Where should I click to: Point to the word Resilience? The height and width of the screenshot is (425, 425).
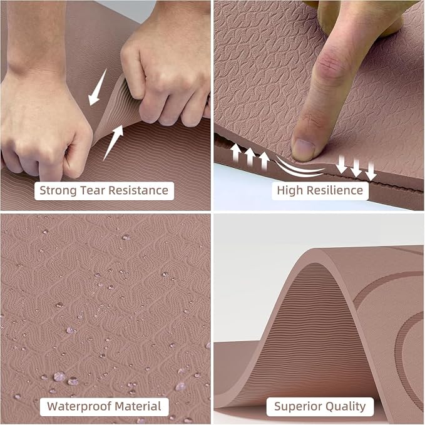point(334,190)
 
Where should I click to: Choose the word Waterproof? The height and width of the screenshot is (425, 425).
point(79,406)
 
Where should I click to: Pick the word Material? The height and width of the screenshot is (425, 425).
point(138,406)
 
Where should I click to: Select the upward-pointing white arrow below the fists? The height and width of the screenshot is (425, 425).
point(113,143)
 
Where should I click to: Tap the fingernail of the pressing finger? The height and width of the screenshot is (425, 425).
point(305,150)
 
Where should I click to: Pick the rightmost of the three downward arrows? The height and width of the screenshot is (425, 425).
point(371,172)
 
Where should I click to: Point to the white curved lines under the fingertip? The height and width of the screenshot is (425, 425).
point(300,168)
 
